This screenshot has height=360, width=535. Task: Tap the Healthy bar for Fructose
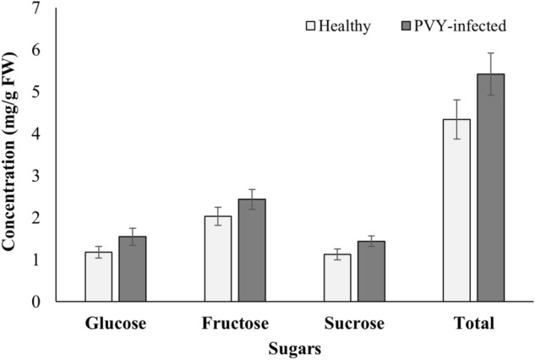(x=217, y=259)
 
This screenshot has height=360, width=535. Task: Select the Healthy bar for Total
(x=456, y=210)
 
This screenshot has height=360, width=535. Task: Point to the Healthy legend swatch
(x=310, y=26)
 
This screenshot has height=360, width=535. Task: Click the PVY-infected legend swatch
(x=407, y=26)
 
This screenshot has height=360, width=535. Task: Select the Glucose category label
(x=115, y=324)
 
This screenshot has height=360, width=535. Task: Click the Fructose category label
(x=234, y=324)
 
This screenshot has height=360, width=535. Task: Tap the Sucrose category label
(x=354, y=324)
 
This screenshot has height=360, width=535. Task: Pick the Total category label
(x=473, y=324)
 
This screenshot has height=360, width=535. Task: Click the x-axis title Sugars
(x=293, y=347)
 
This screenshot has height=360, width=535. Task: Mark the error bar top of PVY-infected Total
(x=490, y=53)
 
